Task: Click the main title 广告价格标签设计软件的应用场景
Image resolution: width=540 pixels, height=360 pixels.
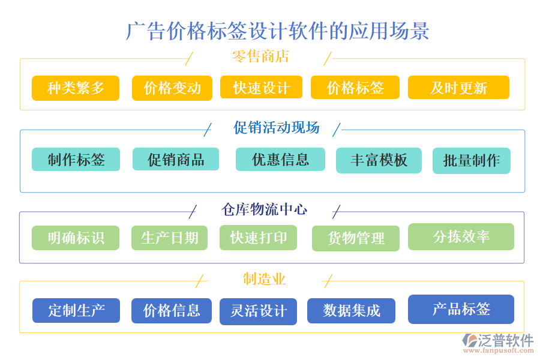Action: coord(278,31)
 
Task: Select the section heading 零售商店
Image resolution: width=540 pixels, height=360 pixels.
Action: coord(260,57)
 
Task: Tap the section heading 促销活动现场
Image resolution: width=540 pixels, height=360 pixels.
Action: coord(276,127)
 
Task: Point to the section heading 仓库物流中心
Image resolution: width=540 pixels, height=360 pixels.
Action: coord(265,209)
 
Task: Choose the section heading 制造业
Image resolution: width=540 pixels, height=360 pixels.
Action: coord(264,279)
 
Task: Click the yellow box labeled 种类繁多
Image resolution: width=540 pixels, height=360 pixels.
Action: coord(76,88)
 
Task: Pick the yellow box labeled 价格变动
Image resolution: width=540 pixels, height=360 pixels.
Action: coord(172,88)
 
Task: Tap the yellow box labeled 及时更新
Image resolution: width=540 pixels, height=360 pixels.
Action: coord(458,88)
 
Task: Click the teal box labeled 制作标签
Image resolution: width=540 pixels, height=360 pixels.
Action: coord(76,160)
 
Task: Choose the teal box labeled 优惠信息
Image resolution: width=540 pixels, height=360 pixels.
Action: coord(280,160)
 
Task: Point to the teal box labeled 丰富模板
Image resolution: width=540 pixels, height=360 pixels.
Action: coord(379,160)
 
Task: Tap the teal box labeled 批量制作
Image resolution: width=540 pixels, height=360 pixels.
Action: coord(471,161)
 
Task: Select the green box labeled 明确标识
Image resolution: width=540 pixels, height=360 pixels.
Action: coord(76,238)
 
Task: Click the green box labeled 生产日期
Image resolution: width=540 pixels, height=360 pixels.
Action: coord(169,238)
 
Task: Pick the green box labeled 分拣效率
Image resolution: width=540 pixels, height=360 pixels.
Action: coord(461,236)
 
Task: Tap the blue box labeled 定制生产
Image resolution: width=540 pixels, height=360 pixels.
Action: coord(76,311)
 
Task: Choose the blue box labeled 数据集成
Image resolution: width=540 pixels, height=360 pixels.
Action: coord(351,311)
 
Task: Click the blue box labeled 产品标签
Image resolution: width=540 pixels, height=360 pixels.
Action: coord(461,309)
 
